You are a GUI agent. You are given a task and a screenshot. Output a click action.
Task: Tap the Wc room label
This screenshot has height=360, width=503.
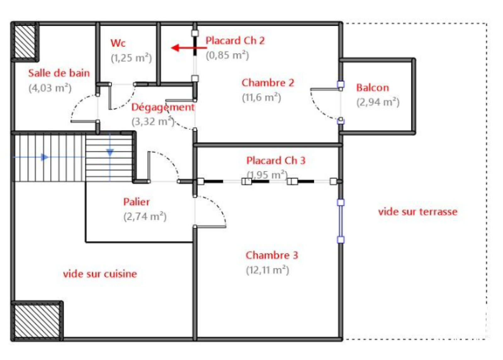(x=118, y=43)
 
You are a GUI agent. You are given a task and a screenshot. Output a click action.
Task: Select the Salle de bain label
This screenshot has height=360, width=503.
(x=59, y=73)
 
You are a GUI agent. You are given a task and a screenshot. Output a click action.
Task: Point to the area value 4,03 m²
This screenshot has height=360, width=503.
(x=50, y=88)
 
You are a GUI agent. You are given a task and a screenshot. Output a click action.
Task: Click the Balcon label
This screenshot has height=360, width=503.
(x=372, y=87)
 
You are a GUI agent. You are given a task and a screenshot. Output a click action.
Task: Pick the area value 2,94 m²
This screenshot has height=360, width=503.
(x=378, y=102)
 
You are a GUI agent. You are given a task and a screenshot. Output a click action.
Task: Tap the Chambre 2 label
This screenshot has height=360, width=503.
(x=268, y=82)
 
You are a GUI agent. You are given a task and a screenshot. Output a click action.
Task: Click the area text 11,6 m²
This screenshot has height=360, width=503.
(x=261, y=97)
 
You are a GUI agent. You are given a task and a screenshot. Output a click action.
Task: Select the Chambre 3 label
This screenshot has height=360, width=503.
(x=272, y=255)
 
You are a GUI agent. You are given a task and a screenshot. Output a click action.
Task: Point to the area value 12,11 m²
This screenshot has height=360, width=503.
(x=267, y=270)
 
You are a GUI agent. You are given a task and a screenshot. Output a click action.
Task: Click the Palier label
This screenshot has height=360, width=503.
(x=136, y=202)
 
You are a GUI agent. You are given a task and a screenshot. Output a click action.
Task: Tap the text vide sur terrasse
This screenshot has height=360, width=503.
(x=417, y=211)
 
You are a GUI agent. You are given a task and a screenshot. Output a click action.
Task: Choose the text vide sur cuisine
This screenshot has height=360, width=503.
(x=100, y=274)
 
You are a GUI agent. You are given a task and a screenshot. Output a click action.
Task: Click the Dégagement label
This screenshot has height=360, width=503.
(x=163, y=107)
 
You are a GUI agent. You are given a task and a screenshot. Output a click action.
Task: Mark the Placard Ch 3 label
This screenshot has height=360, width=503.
(x=275, y=160)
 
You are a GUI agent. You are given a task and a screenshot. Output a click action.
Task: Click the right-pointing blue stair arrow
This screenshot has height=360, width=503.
(x=45, y=157)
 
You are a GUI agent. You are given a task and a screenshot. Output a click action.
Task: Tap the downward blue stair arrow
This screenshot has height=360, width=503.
(x=110, y=152)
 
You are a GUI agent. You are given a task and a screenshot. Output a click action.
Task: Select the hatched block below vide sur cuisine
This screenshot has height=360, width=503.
(x=37, y=321)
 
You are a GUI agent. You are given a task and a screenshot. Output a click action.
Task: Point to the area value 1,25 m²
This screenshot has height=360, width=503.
(x=131, y=58)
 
